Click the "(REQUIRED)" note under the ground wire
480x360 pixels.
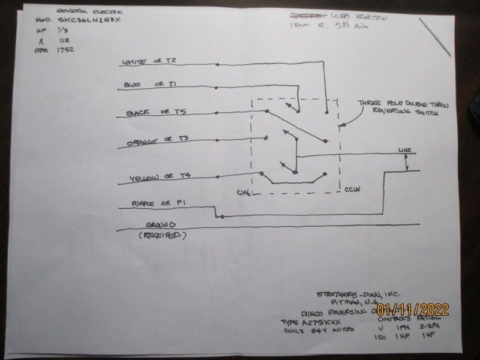coord(162,236)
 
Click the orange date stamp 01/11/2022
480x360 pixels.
coord(413,310)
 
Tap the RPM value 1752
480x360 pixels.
coord(65,50)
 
